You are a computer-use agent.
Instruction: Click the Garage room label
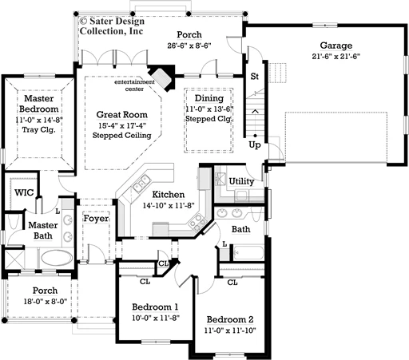click(336, 45)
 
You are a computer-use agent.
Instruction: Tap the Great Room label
click(122, 115)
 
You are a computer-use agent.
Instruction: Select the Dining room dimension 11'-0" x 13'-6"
click(209, 109)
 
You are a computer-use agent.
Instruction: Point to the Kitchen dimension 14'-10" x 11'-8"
click(169, 205)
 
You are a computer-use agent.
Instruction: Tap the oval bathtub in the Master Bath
click(57, 258)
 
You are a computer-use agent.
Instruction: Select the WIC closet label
click(24, 192)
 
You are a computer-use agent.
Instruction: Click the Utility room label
click(241, 181)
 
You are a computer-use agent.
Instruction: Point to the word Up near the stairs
click(255, 145)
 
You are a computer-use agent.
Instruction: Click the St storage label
click(255, 77)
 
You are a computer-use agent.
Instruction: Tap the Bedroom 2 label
click(230, 319)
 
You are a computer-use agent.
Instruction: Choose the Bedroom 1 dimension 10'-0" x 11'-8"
click(156, 318)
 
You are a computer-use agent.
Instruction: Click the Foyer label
click(96, 219)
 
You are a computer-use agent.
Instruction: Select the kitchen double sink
click(141, 183)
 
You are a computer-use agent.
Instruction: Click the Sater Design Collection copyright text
click(112, 26)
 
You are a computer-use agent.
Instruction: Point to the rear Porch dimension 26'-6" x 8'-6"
click(189, 45)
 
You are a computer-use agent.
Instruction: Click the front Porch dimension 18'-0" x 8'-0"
click(46, 302)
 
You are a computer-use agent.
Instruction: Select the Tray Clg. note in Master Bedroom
click(38, 130)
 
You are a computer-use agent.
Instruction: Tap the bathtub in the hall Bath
click(249, 253)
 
